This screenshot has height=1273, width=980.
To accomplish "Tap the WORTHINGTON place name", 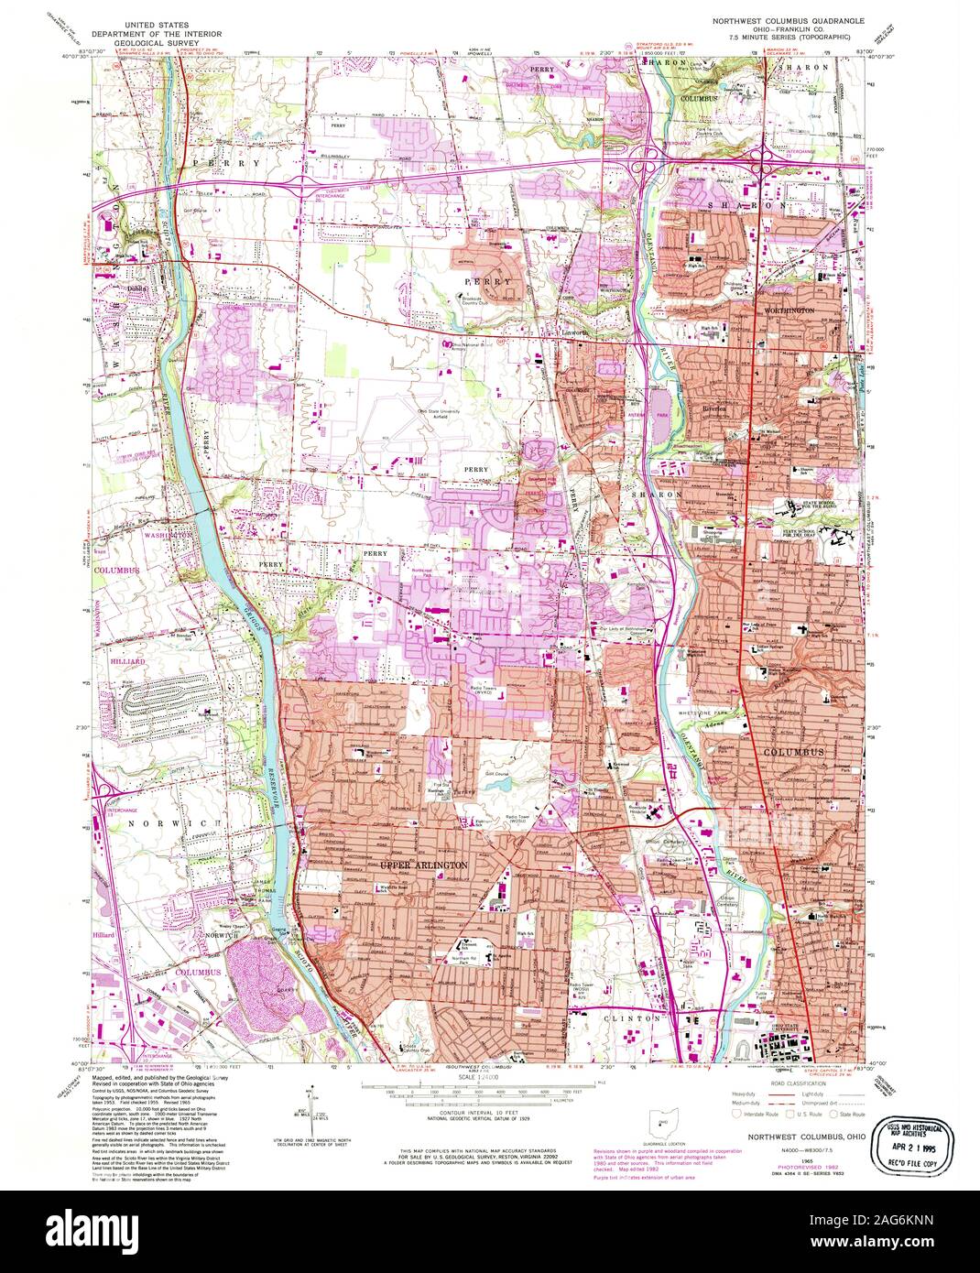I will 789,311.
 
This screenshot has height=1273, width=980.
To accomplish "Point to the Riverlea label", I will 713,409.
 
